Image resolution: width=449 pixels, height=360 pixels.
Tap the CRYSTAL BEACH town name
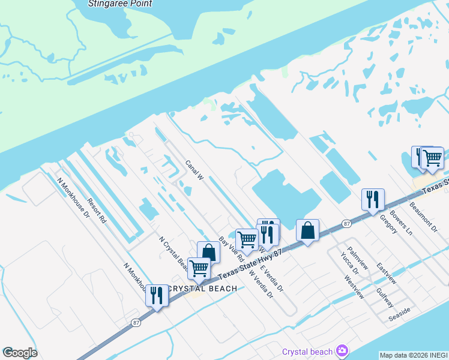pos(202,289)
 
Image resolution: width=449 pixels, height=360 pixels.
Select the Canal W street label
pos(195,170)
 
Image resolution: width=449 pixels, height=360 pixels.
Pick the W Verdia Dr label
pos(261,284)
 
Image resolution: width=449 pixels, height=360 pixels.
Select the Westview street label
pos(354,287)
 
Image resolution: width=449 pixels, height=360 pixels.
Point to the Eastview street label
pos(387,273)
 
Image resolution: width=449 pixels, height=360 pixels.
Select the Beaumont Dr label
pos(420,214)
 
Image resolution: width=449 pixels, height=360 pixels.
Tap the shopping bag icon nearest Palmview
pos(307,230)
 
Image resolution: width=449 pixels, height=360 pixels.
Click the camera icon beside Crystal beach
pos(342,350)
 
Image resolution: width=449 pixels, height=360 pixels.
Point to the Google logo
pos(19,353)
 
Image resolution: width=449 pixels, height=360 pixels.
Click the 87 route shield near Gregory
pos(346,223)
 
